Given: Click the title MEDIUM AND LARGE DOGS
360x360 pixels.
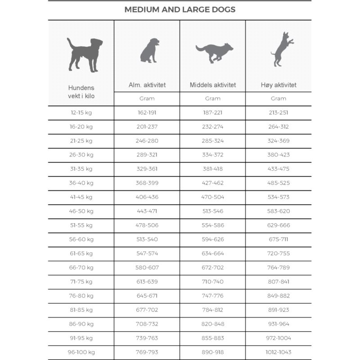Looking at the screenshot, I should [180, 9].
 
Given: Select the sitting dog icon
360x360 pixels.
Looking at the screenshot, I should [149, 50].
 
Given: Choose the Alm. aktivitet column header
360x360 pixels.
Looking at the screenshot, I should [147, 85].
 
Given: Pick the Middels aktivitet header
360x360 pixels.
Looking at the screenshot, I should [213, 85].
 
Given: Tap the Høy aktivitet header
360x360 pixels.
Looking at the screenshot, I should [279, 85].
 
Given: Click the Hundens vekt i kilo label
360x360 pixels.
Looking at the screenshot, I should [81, 92].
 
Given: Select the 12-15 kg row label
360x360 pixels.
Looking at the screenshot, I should [81, 112].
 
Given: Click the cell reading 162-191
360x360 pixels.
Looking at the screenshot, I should [147, 112].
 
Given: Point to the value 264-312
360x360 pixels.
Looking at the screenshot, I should [279, 126].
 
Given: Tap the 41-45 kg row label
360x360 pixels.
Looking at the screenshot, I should [81, 197].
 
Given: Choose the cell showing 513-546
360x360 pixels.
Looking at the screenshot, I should [213, 211].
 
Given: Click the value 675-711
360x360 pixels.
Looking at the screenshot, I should [279, 239].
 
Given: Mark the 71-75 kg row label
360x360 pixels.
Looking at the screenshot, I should [81, 281].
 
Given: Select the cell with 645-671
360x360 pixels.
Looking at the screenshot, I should [147, 296].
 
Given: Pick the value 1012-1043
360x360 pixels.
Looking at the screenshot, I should [279, 352].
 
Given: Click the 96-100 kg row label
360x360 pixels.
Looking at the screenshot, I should [81, 352].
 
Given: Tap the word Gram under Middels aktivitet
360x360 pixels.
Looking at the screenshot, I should [213, 99].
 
